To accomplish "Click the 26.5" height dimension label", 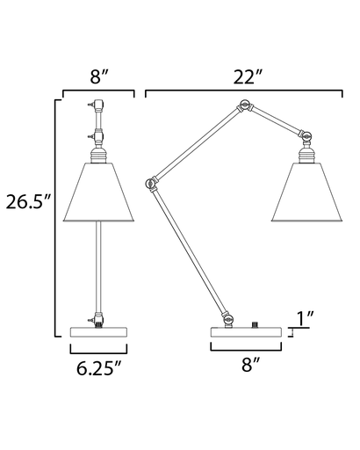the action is click(x=28, y=202).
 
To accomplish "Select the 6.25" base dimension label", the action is click(x=98, y=368).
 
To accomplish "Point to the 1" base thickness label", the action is click(x=306, y=318).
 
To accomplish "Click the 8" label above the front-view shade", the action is click(x=99, y=77).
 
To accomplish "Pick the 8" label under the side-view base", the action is click(x=250, y=365).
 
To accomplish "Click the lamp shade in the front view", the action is click(x=98, y=192).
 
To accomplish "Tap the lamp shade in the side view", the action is click(x=306, y=192).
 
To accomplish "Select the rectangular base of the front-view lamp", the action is click(x=98, y=332).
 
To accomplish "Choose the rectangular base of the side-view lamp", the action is click(x=246, y=332).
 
